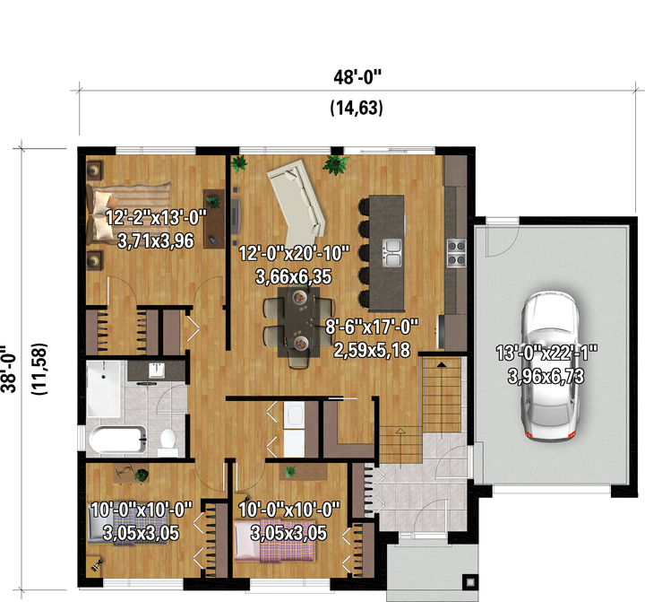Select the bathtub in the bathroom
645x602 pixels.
coord(118,441)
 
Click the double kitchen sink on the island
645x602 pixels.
coord(392,253)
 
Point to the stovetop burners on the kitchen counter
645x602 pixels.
coord(456,253)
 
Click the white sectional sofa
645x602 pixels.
coord(297,203)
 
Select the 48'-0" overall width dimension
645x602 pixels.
coord(357,77)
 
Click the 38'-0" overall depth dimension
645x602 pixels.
coord(9,369)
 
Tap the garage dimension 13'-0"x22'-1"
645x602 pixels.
coord(546,353)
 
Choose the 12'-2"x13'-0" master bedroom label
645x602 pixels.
coord(156,217)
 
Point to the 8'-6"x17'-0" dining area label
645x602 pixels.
coord(372,327)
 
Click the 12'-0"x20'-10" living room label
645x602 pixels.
coord(294,253)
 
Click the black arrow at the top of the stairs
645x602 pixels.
coord(441,364)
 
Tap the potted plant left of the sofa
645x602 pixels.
coord(239,163)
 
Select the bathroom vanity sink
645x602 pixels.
coord(157,371)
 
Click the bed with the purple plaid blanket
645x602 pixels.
coord(275,541)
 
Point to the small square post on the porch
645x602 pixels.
coord(470,581)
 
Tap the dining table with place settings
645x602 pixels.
coord(298,322)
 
